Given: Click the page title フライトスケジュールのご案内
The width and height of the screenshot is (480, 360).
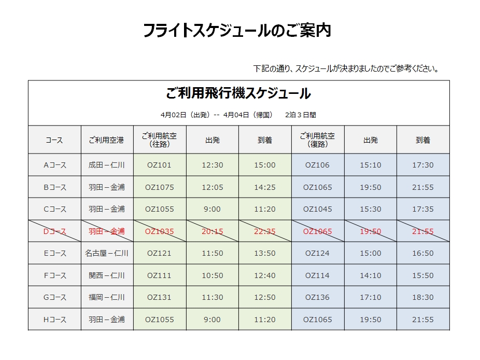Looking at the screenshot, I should [x=237, y=31].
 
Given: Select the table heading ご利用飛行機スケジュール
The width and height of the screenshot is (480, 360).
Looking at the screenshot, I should [x=238, y=94].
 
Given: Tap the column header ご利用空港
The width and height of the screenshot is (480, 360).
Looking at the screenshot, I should [x=107, y=140].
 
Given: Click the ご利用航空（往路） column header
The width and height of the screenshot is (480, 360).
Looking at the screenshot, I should [x=159, y=140].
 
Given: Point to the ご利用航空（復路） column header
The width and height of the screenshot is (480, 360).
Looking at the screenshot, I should [x=317, y=140].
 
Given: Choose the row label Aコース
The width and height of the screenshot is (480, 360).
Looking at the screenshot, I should [x=54, y=165].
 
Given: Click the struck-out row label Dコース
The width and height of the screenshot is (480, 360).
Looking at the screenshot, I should [x=54, y=231].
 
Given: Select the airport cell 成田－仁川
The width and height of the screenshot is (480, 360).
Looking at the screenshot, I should [x=107, y=165].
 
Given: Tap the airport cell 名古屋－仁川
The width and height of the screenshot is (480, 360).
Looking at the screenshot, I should [x=107, y=253].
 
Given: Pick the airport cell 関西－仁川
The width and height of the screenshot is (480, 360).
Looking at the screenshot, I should [x=107, y=275].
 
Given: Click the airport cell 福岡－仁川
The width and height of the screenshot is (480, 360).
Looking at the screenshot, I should [x=107, y=297].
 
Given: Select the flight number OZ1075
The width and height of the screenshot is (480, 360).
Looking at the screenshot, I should [x=159, y=187].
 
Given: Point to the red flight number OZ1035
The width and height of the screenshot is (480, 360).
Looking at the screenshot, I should [x=159, y=231].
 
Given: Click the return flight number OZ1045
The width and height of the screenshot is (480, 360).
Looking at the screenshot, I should [x=317, y=209].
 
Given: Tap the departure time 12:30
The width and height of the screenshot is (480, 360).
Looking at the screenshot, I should [x=212, y=165].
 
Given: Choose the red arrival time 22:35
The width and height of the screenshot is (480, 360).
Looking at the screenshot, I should [x=264, y=231].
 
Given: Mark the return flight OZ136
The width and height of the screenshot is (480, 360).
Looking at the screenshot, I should [x=317, y=297].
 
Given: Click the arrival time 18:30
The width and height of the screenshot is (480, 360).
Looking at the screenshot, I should [x=422, y=297].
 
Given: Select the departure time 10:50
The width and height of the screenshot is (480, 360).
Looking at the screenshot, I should [x=212, y=275].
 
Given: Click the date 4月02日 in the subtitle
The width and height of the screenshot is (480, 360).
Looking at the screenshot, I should [x=173, y=115].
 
